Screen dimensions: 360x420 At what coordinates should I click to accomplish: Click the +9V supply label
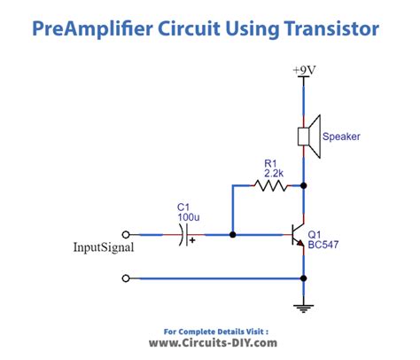(x=303, y=68)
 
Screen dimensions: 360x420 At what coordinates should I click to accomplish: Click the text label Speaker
(x=340, y=137)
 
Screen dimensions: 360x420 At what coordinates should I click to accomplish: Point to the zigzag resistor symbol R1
(x=269, y=186)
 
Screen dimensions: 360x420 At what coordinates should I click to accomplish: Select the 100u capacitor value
(x=186, y=216)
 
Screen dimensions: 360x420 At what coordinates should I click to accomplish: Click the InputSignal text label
(x=103, y=248)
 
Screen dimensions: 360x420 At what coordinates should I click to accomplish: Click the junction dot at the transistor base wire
(x=232, y=235)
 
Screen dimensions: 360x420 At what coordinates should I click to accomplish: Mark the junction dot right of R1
(x=304, y=186)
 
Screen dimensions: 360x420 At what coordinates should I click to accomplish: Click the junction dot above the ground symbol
(x=304, y=278)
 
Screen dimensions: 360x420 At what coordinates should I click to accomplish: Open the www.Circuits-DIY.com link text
(x=209, y=342)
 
